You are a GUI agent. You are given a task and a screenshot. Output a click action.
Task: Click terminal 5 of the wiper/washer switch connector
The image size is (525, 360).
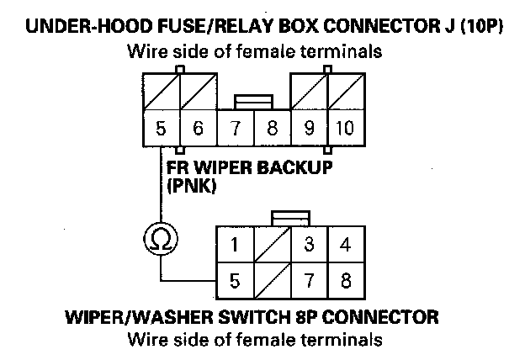coord(236,280)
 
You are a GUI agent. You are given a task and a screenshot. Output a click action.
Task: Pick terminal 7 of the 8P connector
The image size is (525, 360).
coord(309,280)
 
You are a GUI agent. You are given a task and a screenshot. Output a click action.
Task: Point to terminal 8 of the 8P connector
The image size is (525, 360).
coord(345,280)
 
